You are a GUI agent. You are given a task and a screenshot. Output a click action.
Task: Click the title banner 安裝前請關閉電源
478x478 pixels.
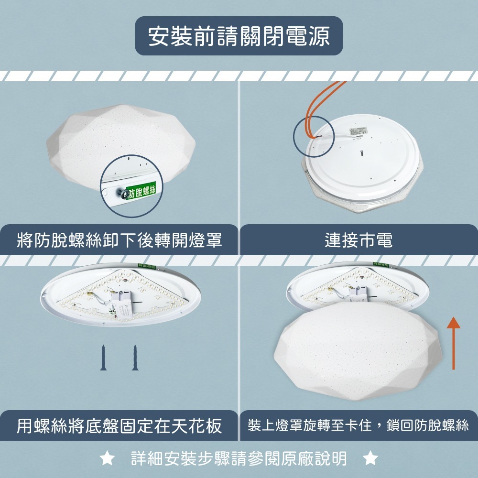[239, 36]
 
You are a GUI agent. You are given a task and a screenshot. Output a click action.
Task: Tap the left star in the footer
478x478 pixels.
[107, 459]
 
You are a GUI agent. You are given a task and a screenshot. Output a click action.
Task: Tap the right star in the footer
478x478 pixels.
[370, 459]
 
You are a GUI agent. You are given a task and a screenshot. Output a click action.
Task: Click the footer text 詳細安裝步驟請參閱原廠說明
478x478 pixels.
[239, 459]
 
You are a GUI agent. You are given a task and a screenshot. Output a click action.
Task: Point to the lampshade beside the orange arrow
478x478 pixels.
[358, 354]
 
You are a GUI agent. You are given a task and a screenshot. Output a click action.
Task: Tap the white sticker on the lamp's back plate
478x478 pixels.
[360, 131]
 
